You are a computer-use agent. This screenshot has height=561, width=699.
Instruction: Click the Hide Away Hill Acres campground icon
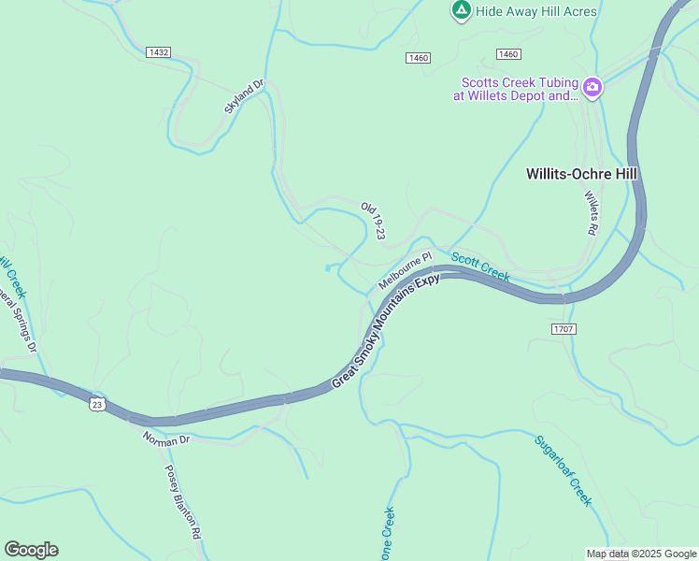coord(461,10)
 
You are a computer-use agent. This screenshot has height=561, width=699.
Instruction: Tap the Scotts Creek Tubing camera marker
coord(592,88)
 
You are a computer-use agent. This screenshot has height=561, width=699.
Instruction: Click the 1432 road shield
coord(158,52)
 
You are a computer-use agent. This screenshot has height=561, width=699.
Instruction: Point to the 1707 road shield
coord(563,328)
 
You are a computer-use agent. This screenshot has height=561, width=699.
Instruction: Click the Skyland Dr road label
coord(245,96)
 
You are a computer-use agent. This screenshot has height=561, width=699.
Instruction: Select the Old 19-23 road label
coord(374,220)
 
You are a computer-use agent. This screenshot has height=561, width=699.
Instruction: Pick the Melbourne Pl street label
coord(405,269)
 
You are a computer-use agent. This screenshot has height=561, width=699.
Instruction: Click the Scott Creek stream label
coord(480,266)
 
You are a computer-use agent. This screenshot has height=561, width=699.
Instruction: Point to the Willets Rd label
coord(592,212)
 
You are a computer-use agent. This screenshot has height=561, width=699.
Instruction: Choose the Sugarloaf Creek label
coord(563,470)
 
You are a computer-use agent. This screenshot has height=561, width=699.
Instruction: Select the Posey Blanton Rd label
coord(183,501)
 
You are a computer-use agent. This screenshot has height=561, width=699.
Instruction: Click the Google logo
coord(31,550)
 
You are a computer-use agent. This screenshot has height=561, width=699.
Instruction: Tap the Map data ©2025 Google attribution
coord(642,554)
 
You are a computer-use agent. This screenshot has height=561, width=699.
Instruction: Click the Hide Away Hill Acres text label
coord(536,10)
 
